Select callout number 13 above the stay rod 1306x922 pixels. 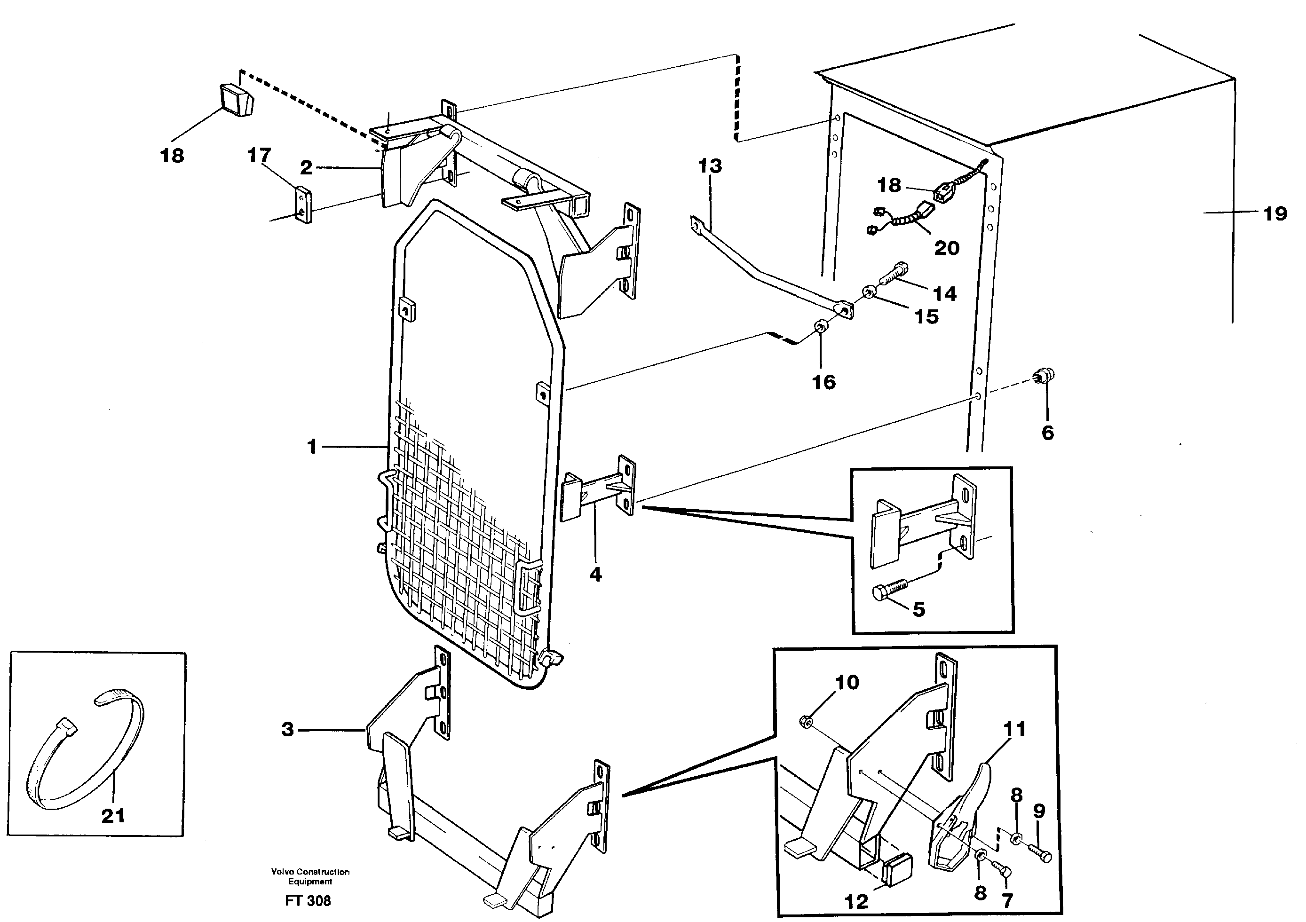(x=710, y=166)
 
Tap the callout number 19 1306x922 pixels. (x=1274, y=214)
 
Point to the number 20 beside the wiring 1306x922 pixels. (x=947, y=248)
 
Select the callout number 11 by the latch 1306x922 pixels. (x=1014, y=729)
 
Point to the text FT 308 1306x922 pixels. (x=308, y=901)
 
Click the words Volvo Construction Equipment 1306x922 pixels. (x=310, y=876)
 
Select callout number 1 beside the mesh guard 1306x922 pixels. (x=311, y=447)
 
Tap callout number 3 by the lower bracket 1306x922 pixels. (x=288, y=729)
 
